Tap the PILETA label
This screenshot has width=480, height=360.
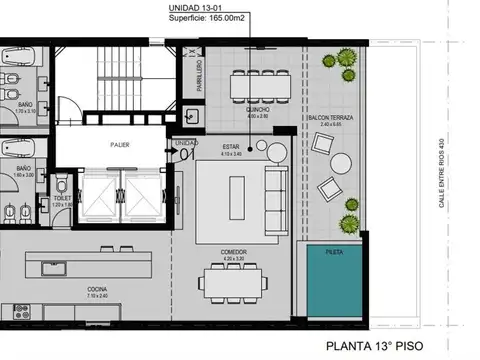(332, 253)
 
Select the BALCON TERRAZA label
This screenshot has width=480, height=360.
(329, 117)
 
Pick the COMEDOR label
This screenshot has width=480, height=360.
(236, 252)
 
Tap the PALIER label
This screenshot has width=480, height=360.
(121, 144)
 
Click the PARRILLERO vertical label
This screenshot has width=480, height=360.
(198, 76)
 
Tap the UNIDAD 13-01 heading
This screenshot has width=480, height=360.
(195, 7)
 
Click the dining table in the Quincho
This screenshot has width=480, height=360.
(258, 86)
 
